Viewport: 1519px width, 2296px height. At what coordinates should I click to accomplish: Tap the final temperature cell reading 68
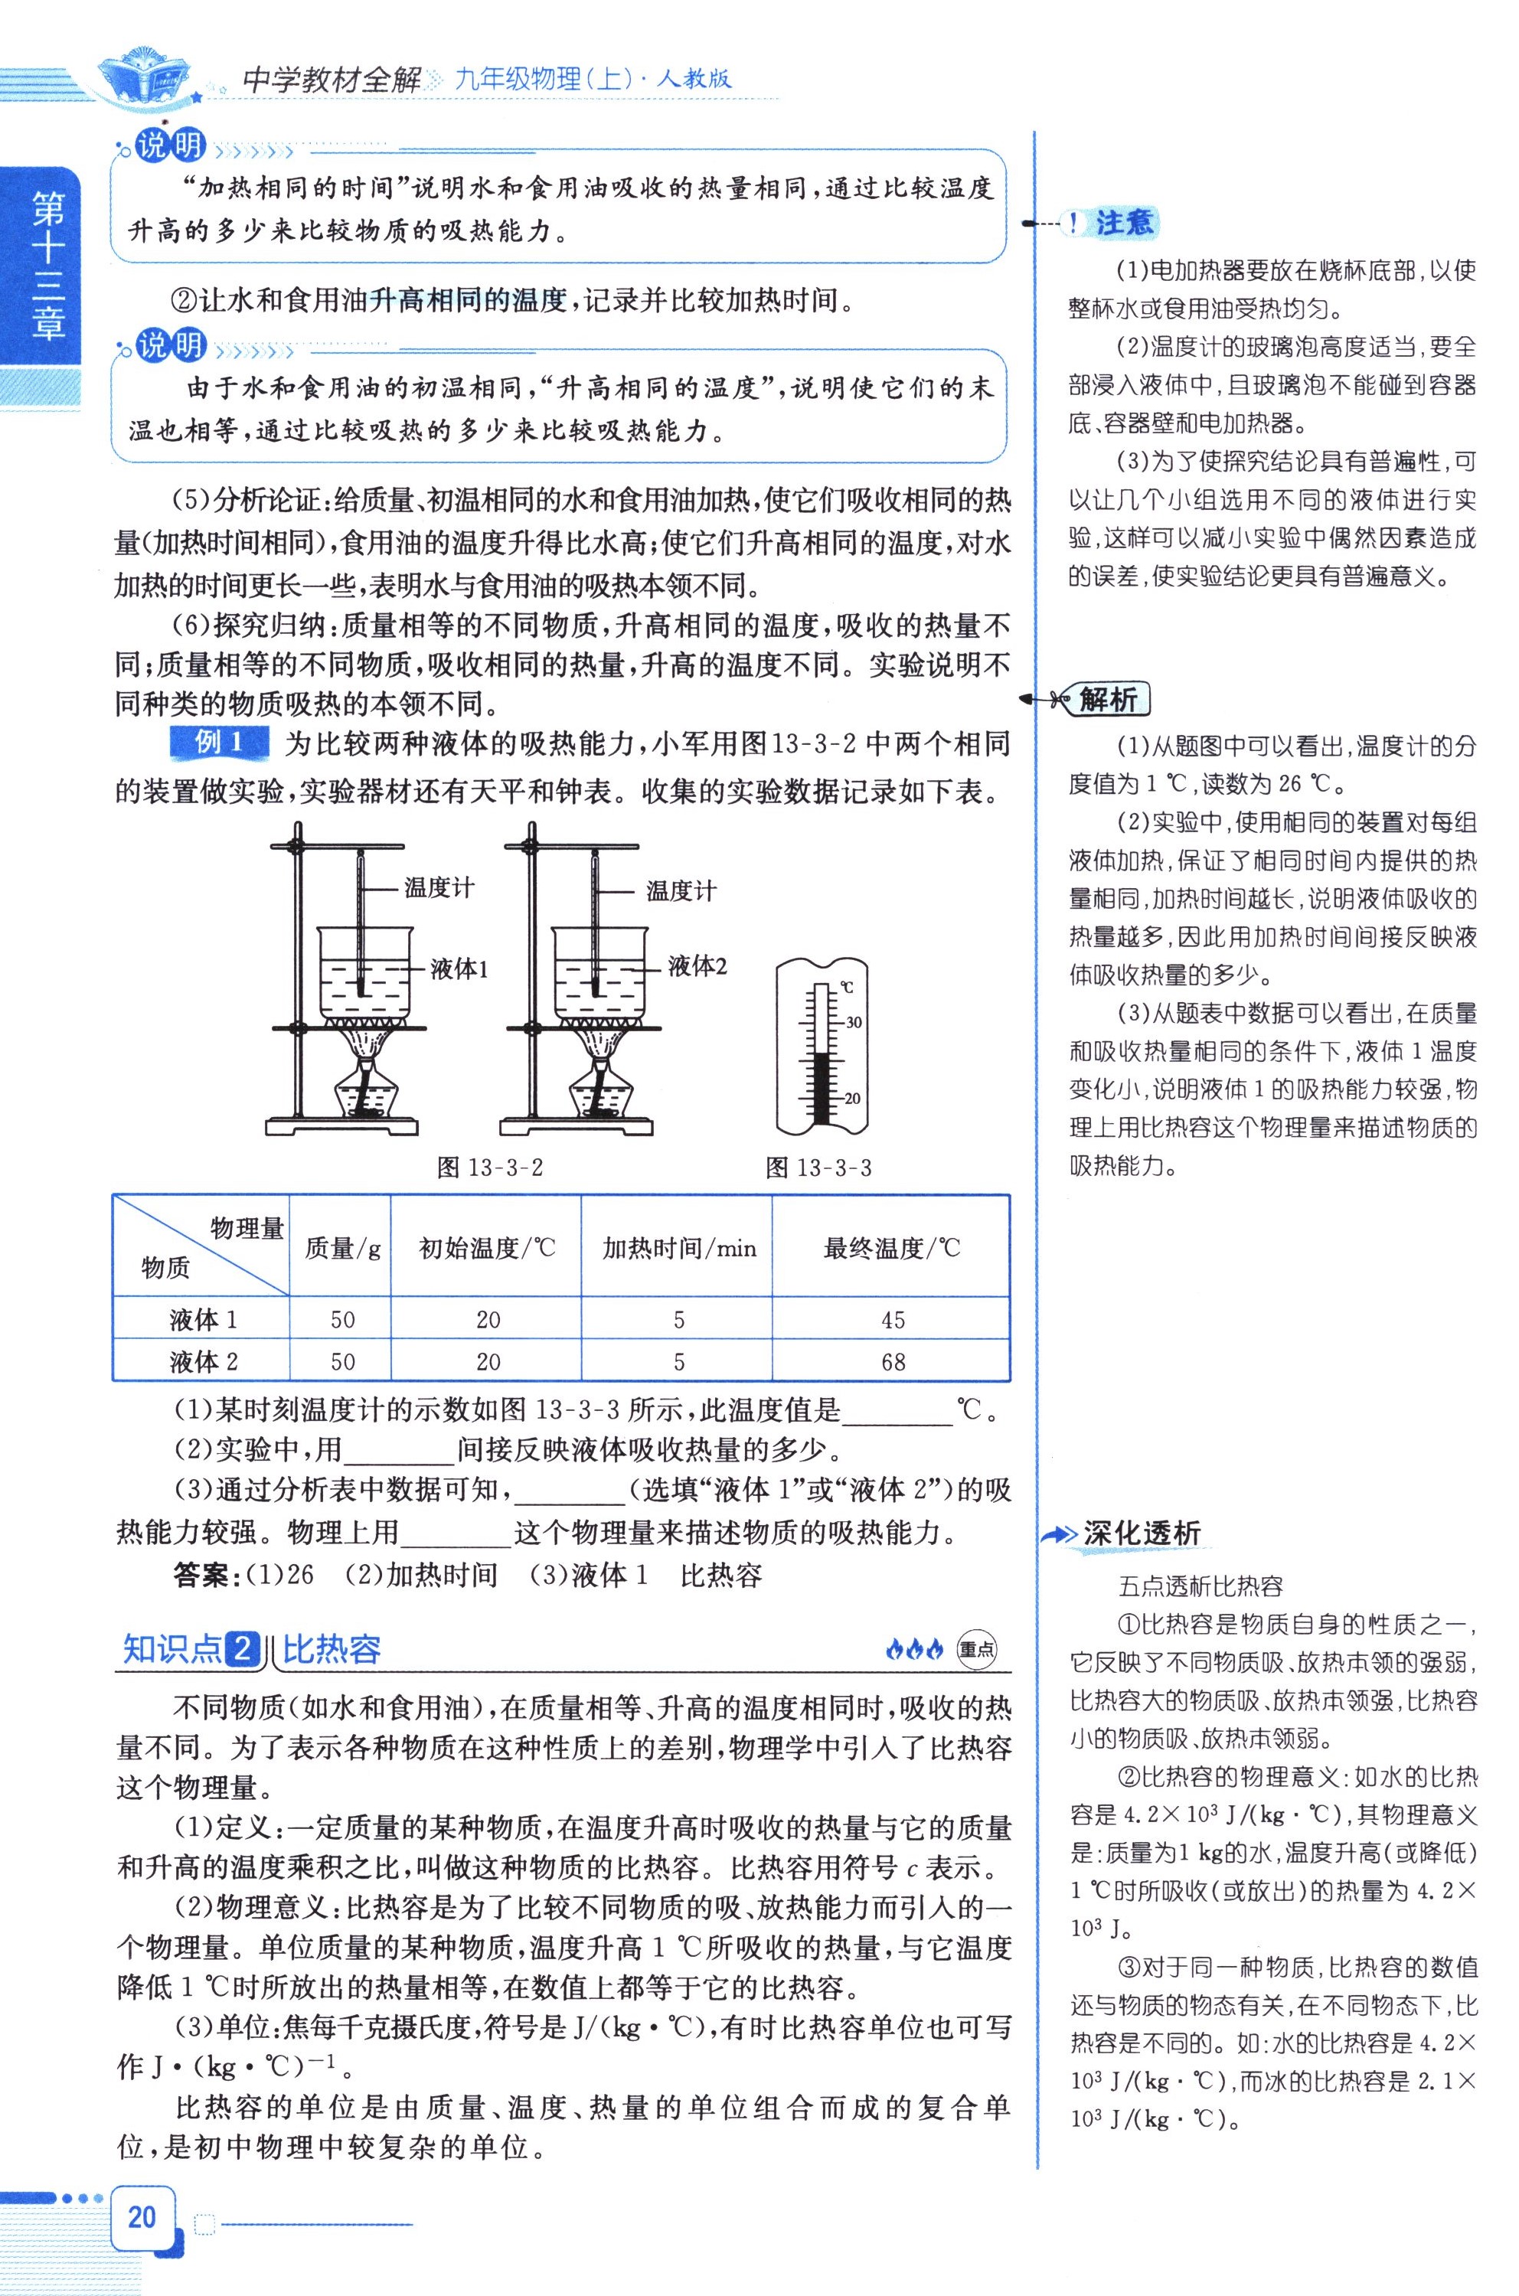pyautogui.click(x=892, y=1362)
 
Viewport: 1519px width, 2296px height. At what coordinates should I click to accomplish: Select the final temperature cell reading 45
pyautogui.click(x=892, y=1319)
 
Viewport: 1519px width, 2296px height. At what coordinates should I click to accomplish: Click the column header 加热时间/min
pyautogui.click(x=678, y=1248)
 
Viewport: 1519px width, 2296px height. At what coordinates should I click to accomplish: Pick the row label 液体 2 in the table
pyautogui.click(x=202, y=1362)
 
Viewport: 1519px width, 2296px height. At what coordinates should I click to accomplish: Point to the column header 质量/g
pyautogui.click(x=342, y=1248)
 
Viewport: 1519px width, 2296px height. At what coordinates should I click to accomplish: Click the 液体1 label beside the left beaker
pyautogui.click(x=459, y=968)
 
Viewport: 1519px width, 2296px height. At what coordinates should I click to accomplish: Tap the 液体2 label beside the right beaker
pyautogui.click(x=697, y=966)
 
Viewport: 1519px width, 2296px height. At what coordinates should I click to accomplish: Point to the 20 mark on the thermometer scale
pyautogui.click(x=851, y=1099)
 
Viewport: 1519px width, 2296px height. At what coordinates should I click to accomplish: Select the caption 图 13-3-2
pyautogui.click(x=489, y=1168)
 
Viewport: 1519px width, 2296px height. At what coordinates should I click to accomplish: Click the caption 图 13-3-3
pyautogui.click(x=818, y=1168)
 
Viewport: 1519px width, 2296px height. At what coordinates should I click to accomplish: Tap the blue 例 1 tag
pyautogui.click(x=219, y=743)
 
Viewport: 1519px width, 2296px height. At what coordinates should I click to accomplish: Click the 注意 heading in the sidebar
pyautogui.click(x=1124, y=223)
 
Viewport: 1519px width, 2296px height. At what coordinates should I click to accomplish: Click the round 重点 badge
pyautogui.click(x=975, y=1649)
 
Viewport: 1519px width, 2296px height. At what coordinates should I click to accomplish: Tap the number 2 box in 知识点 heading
pyautogui.click(x=243, y=1649)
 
